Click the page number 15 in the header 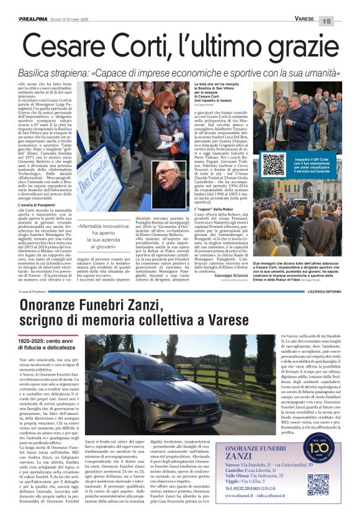click(x=344, y=20)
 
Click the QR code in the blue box click(x=273, y=165)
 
